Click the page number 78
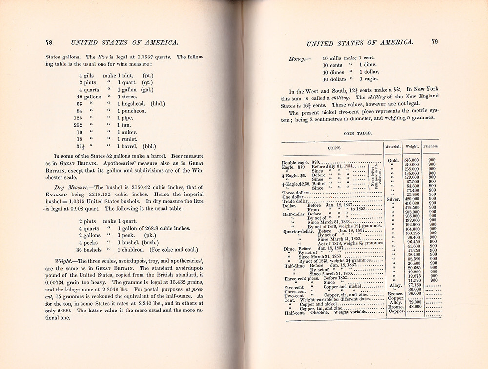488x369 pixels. (49, 42)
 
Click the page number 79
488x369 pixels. (434, 42)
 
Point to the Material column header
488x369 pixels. (392, 146)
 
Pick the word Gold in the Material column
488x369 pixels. (392, 160)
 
